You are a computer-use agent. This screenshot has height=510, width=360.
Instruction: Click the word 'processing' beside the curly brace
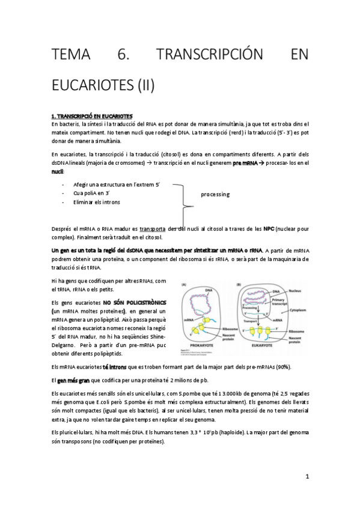(x=215, y=195)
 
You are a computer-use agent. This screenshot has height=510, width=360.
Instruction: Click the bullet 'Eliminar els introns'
(x=96, y=202)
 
